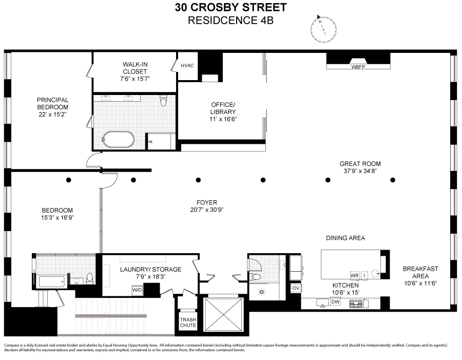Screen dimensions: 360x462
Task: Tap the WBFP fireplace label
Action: [358, 66]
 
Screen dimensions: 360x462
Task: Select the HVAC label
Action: [187, 66]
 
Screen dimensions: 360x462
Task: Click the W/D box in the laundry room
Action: [138, 290]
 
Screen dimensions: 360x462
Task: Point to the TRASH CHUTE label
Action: [187, 322]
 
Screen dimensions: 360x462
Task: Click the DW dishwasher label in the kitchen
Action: [335, 302]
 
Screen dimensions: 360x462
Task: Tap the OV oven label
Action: [295, 288]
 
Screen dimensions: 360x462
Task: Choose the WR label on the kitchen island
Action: [354, 275]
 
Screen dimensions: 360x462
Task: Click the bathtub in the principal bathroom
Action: [118, 140]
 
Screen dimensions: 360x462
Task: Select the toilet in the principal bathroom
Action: [163, 101]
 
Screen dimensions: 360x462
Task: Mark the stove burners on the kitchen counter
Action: [356, 304]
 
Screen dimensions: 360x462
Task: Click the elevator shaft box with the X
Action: [223, 314]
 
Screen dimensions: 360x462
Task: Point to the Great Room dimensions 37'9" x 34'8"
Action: [360, 171]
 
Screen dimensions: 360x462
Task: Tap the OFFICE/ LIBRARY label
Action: [223, 108]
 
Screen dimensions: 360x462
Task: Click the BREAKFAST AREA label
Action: [420, 272]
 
